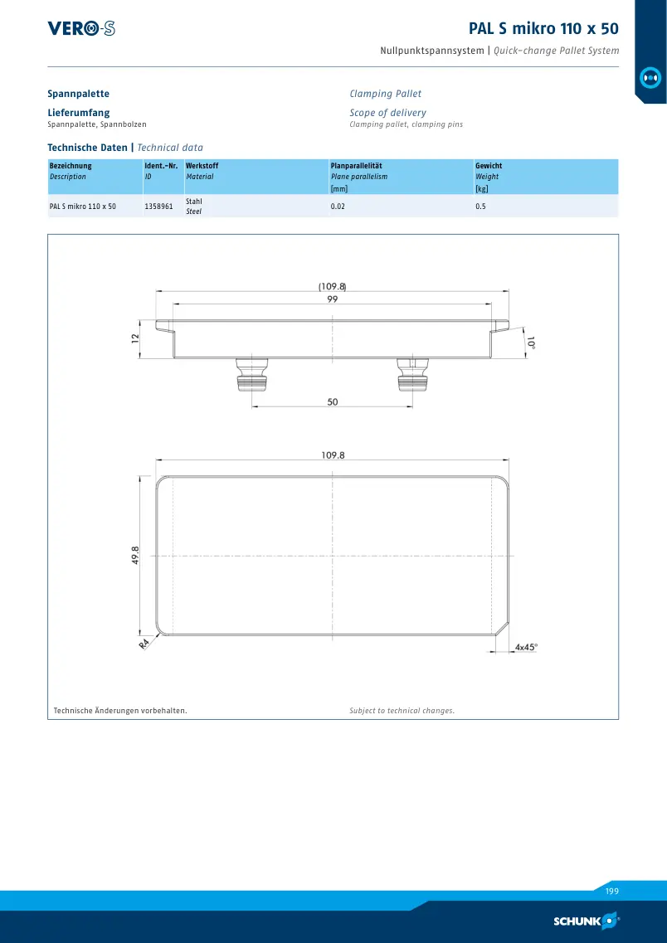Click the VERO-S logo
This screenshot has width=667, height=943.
81,28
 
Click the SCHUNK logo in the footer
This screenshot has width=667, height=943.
587,921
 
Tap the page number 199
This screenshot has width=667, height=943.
611,892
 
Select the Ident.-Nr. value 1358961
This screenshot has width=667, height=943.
158,207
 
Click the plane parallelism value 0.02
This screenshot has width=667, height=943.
338,207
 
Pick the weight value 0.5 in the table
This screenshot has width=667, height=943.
480,207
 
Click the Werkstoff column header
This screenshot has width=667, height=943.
202,166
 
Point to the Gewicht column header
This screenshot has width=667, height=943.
489,166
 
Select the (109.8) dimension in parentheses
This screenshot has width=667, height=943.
333,286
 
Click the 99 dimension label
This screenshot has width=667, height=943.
333,299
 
